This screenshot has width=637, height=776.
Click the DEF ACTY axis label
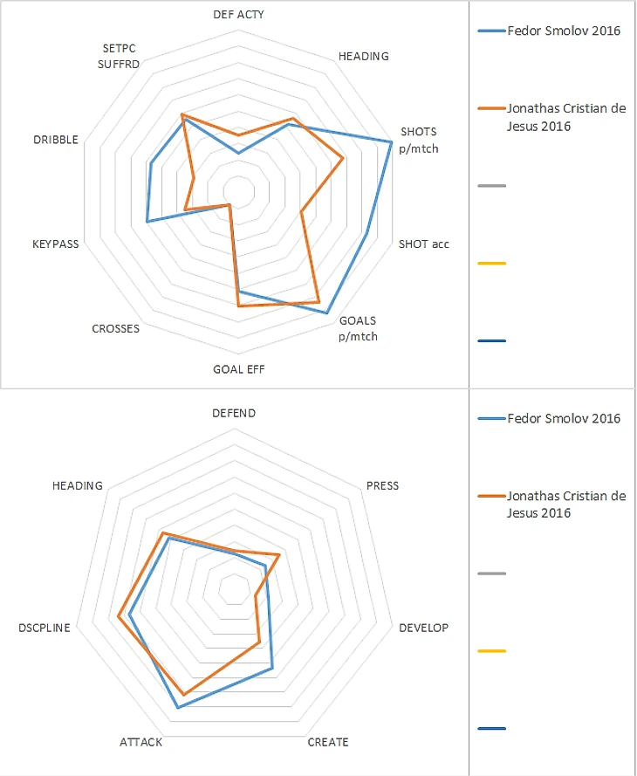click(238, 15)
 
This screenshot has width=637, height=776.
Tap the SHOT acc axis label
click(423, 244)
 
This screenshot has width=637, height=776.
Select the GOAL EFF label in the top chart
click(238, 369)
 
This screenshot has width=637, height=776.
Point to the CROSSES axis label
click(115, 329)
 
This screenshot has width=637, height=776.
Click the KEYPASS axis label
click(55, 244)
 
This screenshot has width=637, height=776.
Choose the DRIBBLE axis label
click(55, 140)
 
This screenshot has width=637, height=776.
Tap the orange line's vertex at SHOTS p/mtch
click(343, 158)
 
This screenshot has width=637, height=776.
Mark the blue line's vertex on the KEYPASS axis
click(147, 222)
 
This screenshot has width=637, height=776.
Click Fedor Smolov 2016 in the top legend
click(563, 31)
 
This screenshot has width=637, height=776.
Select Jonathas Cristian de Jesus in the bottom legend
click(565, 504)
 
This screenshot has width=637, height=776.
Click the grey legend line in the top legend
click(492, 186)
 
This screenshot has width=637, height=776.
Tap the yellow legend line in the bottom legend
click(492, 651)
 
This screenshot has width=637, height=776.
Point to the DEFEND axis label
click(234, 413)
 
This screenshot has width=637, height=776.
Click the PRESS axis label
click(382, 485)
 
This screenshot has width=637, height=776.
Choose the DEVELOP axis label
click(423, 628)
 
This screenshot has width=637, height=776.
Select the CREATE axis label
click(328, 742)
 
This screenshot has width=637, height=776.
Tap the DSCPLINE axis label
click(44, 628)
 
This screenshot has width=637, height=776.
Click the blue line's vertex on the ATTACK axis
click(177, 708)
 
